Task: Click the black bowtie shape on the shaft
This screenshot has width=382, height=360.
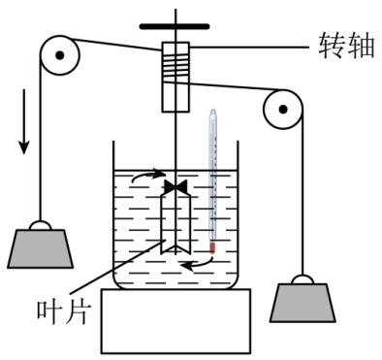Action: pos(176,185)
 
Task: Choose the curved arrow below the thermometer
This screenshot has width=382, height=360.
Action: pos(200,260)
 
